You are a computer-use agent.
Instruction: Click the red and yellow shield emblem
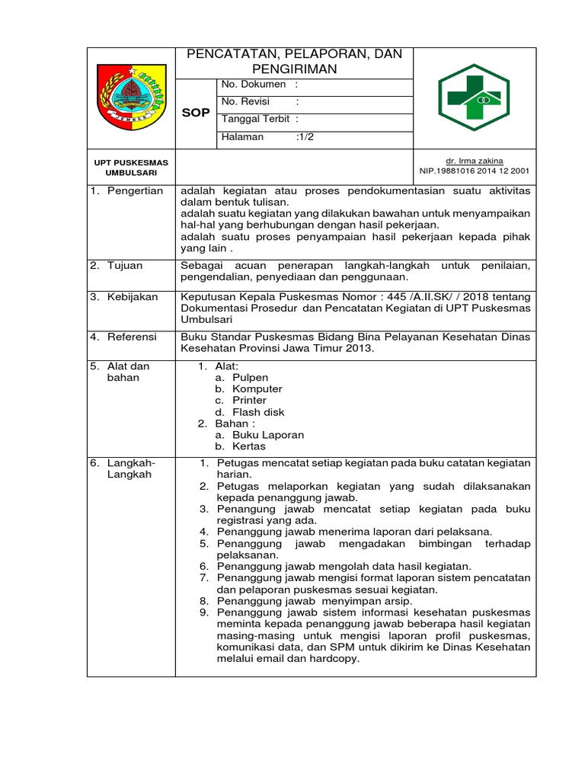point(132,97)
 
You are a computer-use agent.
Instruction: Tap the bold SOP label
point(196,113)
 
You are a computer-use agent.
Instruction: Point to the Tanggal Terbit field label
point(256,119)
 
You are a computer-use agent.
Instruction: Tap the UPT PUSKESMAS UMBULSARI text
point(131,168)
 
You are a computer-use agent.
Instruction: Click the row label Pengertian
point(135,191)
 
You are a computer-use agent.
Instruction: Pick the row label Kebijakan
point(133,297)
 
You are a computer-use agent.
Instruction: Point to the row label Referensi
point(133,336)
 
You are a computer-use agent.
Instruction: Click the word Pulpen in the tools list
point(250,378)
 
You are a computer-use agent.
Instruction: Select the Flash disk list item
point(258,412)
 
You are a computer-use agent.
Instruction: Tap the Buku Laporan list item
point(268,435)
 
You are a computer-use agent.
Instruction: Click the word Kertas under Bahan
point(249,446)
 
